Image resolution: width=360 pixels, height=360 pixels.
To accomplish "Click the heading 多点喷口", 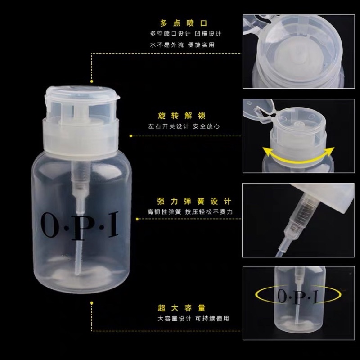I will click(x=183, y=23).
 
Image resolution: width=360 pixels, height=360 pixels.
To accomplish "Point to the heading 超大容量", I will click(x=182, y=308).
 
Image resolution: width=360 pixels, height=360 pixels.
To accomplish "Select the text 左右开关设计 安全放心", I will click(x=183, y=126).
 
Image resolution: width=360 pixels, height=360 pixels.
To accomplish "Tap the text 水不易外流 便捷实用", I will click(x=182, y=45).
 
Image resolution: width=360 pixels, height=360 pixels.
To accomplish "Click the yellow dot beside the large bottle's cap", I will click(x=92, y=82).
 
